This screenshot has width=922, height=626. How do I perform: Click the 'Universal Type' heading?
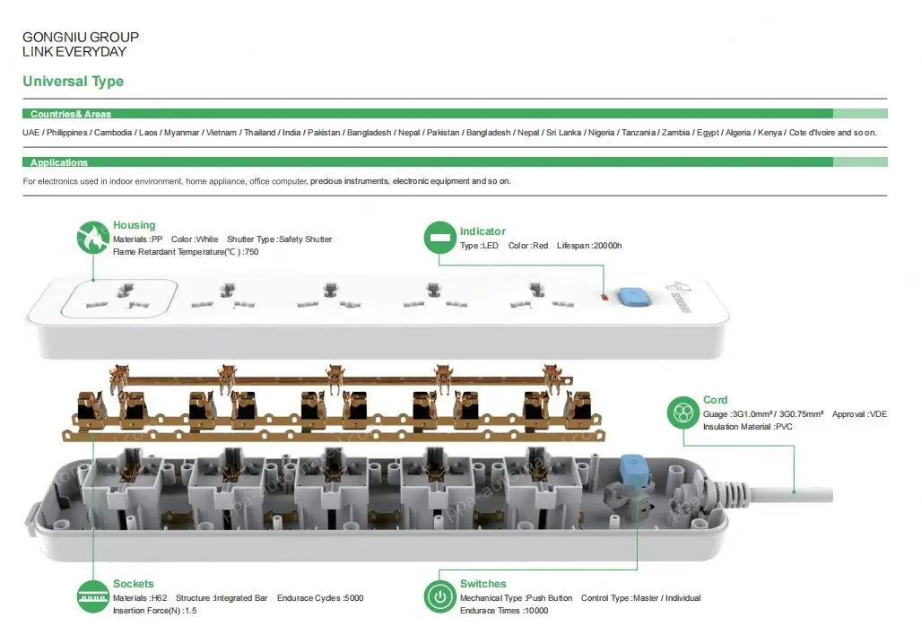(x=73, y=82)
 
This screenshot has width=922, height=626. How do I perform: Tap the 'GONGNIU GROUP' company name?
(x=81, y=38)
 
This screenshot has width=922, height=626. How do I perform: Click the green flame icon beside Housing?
(x=93, y=238)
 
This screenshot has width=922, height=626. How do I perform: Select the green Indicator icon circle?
(x=439, y=238)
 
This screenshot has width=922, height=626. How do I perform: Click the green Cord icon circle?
(x=683, y=413)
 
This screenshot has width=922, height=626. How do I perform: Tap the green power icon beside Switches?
(x=439, y=596)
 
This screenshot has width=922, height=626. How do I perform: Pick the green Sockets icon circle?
(x=93, y=596)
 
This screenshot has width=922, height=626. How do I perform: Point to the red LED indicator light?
(x=605, y=296)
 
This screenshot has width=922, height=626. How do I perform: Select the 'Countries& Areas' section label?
(x=71, y=114)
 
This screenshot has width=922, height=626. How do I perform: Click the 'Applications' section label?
(x=59, y=162)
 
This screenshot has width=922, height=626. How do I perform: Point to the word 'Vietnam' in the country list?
(x=222, y=133)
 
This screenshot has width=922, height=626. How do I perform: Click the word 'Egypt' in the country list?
(x=709, y=133)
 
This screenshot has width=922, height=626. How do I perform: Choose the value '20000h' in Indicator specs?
(x=607, y=246)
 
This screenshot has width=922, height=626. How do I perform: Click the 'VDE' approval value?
(x=878, y=414)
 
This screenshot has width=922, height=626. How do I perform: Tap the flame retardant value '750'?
(x=251, y=252)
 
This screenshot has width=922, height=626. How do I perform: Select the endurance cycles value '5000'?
(x=352, y=598)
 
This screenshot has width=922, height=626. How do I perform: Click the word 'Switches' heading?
(x=483, y=584)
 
